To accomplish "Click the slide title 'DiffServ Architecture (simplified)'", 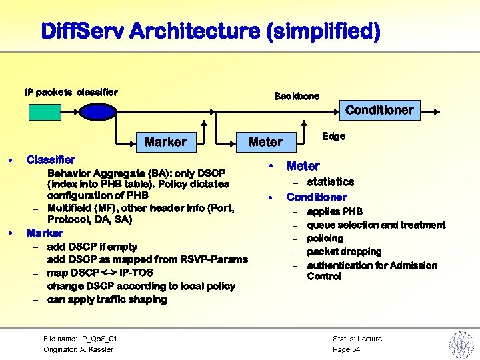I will tap(211, 31).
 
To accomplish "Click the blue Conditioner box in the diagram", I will tap(379, 110).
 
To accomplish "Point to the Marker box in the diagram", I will tap(166, 142).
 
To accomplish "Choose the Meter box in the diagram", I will tap(265, 142).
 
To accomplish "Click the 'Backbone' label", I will tap(297, 96).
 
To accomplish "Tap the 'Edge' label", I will tap(333, 136).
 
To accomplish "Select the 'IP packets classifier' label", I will tap(71, 92).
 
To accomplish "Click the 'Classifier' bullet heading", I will tap(51, 160).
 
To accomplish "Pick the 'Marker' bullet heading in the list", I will tap(45, 233).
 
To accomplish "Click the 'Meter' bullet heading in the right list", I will tap(303, 166).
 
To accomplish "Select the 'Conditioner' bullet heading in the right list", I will tap(317, 197).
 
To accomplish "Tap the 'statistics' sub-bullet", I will tap(330, 182).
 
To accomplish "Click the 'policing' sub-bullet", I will tap(325, 239).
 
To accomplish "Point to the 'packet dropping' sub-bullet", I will tap(344, 252).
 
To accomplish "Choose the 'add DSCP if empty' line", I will tap(92, 247).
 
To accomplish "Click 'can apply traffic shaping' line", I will tap(107, 300).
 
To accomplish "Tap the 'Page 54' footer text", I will tap(346, 349).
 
